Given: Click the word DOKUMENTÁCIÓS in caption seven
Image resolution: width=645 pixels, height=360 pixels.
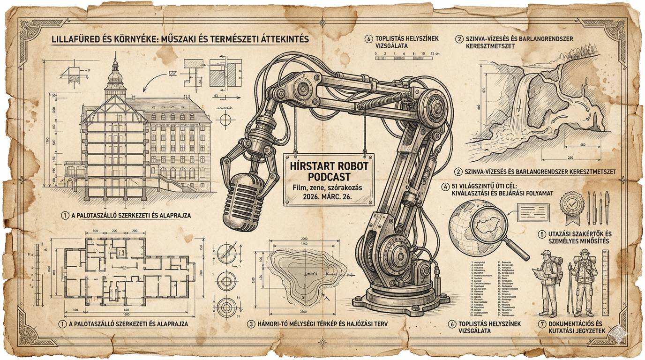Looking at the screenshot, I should pos(571,323).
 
